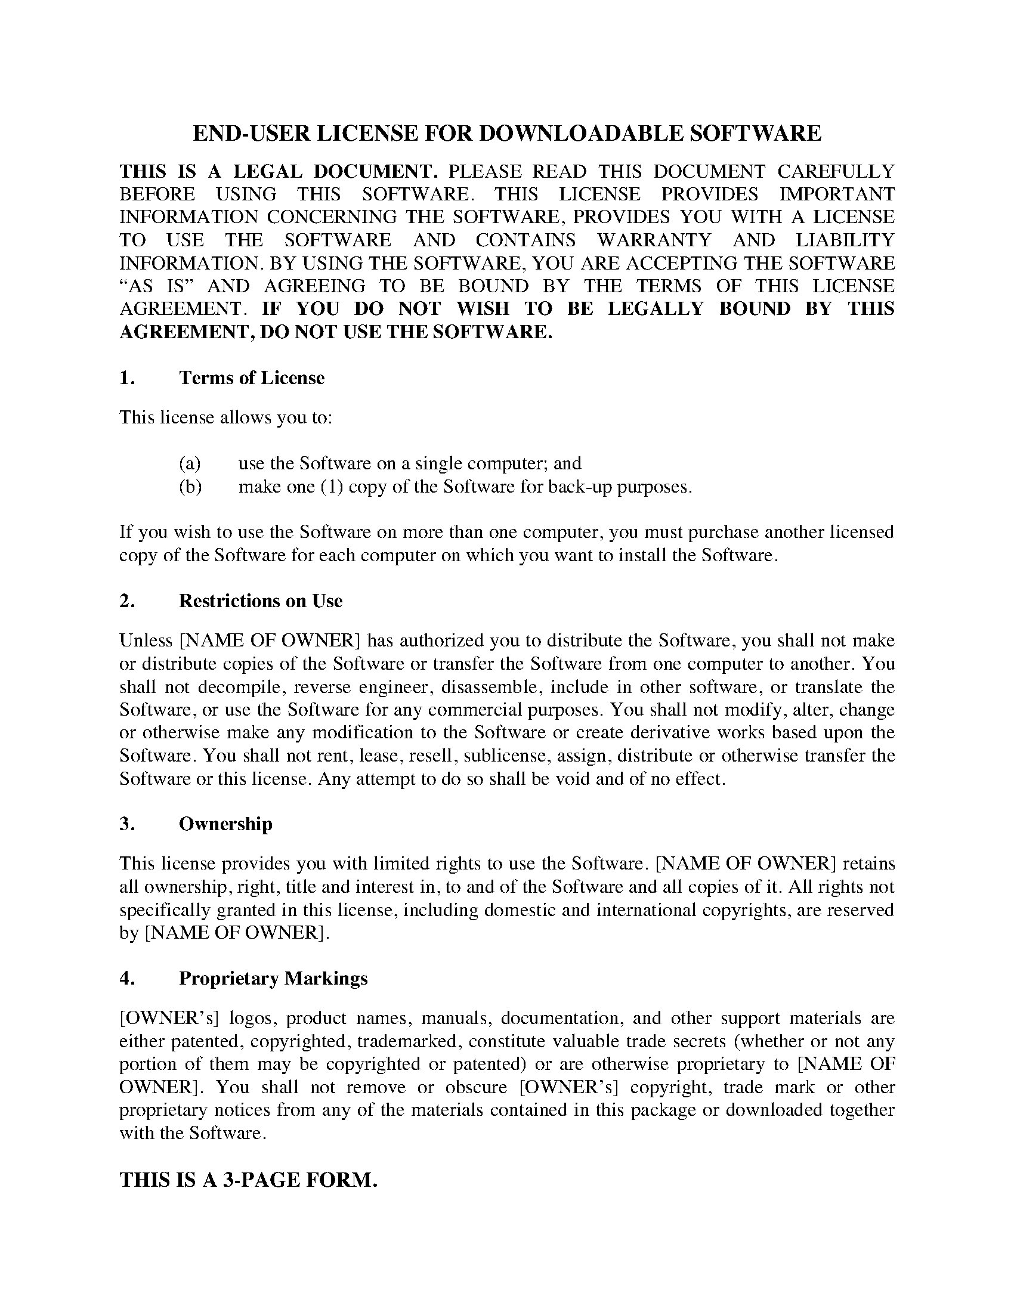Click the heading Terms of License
[x=252, y=378]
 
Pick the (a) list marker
[x=190, y=463]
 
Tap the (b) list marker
[x=190, y=486]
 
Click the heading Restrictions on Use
[x=261, y=601]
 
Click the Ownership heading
[x=226, y=824]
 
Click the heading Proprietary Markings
[x=273, y=979]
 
